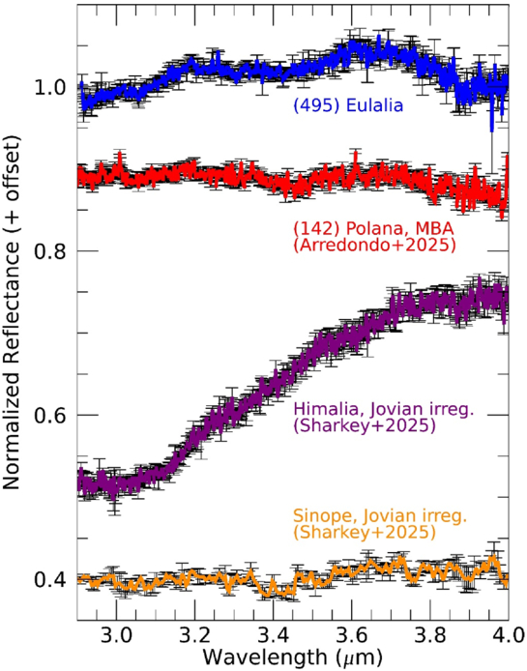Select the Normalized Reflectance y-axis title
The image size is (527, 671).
[x=12, y=313]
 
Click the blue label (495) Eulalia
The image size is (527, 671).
[x=348, y=105]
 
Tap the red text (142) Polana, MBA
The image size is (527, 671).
[x=373, y=229]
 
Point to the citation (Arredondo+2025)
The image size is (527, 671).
[x=374, y=246]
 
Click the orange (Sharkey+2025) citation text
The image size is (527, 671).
[x=365, y=533]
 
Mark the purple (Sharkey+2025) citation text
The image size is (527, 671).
[x=365, y=426]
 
